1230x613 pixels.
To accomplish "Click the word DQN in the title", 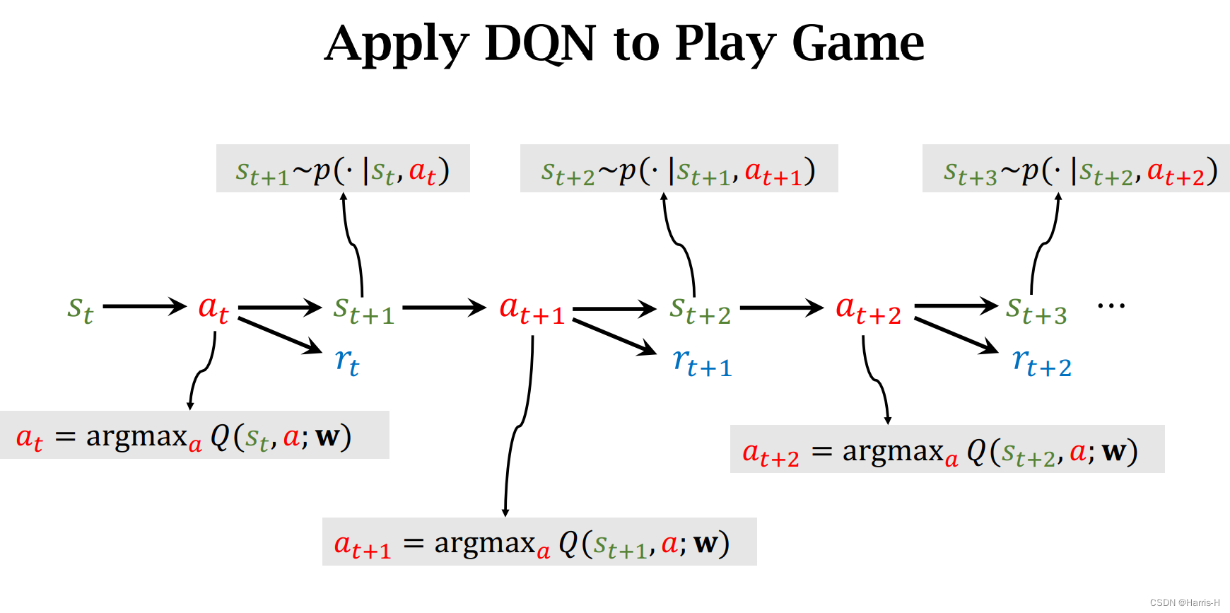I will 541,44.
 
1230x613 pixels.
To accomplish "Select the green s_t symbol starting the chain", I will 80,309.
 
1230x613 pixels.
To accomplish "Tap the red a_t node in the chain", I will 213,309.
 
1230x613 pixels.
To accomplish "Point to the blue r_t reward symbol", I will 346,362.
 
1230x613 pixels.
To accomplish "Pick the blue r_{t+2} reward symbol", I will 1041,362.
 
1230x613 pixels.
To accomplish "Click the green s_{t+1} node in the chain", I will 363,310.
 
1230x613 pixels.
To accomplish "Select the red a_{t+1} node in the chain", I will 532,310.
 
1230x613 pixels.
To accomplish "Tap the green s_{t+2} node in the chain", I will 700,310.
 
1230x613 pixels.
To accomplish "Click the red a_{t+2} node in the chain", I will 868,310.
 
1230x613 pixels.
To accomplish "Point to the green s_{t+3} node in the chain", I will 1036,310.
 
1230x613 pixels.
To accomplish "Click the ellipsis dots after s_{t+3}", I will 1111,306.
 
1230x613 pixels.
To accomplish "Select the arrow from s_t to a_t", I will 145,306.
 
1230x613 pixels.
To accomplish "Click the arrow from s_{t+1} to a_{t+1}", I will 444,308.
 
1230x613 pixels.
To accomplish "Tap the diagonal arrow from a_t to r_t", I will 280,335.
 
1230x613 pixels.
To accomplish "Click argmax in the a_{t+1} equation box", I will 484,543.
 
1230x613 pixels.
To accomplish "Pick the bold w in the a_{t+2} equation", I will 1114,450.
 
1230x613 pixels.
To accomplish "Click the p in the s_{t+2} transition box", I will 627,172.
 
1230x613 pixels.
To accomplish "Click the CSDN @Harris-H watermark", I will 1185,603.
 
